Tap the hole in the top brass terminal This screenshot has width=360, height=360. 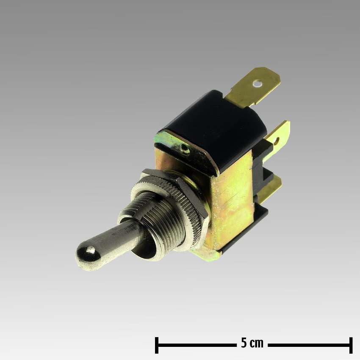tap(257, 84)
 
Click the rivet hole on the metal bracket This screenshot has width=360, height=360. tap(184, 149)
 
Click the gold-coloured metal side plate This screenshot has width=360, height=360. tap(231, 199)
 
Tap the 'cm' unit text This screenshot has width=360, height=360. tap(257, 343)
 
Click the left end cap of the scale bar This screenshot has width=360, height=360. tap(157, 345)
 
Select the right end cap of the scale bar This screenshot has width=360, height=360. tap(351, 345)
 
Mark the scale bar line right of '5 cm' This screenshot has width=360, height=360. tap(309, 345)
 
